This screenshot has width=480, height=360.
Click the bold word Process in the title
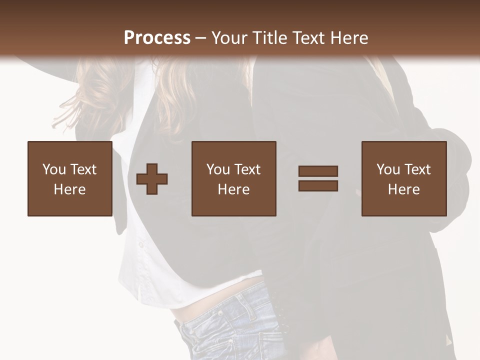[157, 38]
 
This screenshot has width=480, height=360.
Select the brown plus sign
[152, 178]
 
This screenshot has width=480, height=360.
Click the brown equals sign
[318, 178]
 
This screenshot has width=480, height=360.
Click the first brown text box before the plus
[69, 178]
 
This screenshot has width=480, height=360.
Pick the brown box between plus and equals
[233, 178]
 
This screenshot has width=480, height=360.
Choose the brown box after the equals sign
[403, 178]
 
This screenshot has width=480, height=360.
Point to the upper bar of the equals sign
[318, 171]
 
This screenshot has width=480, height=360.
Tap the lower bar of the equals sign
[318, 185]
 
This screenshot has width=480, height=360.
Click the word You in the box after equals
[388, 169]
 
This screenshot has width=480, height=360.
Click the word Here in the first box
[69, 189]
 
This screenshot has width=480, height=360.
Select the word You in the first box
[54, 169]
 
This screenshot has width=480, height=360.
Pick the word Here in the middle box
[233, 189]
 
